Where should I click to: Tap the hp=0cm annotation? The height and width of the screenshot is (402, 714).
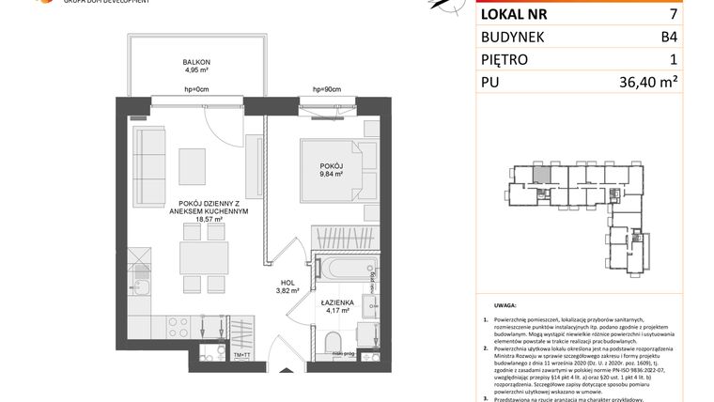[x=196, y=90]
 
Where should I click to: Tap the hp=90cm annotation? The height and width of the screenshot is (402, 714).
[x=325, y=90]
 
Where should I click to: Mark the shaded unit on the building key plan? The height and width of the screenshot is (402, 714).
[x=542, y=175]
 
